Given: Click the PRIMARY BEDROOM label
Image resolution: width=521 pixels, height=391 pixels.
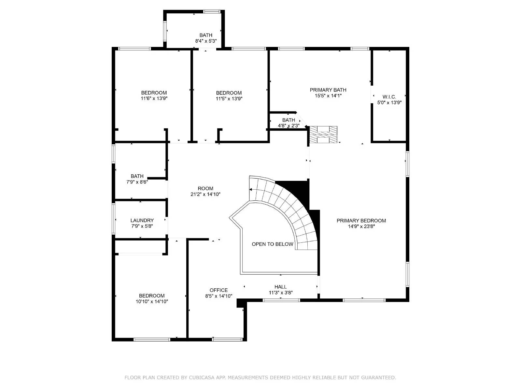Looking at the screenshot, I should (x=361, y=221).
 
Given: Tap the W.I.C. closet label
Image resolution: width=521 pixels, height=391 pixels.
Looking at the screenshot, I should (x=389, y=97).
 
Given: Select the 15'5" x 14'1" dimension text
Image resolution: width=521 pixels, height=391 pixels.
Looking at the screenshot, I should (x=328, y=96).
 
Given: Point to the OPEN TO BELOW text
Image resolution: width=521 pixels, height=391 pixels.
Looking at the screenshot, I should (x=272, y=244).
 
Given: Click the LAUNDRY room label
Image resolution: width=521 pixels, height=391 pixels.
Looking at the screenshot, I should (x=142, y=221).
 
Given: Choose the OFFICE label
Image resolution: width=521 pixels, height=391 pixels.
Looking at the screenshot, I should (x=218, y=290).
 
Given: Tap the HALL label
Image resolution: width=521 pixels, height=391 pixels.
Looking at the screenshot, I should (x=280, y=287).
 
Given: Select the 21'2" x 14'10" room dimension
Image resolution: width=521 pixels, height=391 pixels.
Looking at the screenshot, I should (x=205, y=194).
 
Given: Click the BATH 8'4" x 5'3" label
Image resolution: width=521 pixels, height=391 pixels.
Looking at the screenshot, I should (x=206, y=35).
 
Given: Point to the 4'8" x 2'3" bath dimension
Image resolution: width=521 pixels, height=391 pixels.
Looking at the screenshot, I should (x=289, y=125).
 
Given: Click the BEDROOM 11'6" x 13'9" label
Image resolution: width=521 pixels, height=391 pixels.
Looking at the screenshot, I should (x=154, y=93).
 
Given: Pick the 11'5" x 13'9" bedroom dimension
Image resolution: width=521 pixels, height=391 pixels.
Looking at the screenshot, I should (x=229, y=98).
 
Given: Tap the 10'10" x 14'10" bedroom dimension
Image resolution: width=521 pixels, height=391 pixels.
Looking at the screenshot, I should (x=152, y=301).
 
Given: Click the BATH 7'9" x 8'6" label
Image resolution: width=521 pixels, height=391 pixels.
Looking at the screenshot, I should (x=137, y=176).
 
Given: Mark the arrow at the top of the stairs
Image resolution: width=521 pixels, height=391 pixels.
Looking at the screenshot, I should (x=251, y=189).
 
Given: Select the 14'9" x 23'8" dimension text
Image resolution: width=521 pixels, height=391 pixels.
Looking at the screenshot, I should (x=361, y=226).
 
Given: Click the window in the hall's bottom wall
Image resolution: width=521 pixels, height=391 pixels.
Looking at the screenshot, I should (x=281, y=300).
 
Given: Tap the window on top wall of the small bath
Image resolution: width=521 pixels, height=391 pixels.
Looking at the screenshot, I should (x=212, y=12).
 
